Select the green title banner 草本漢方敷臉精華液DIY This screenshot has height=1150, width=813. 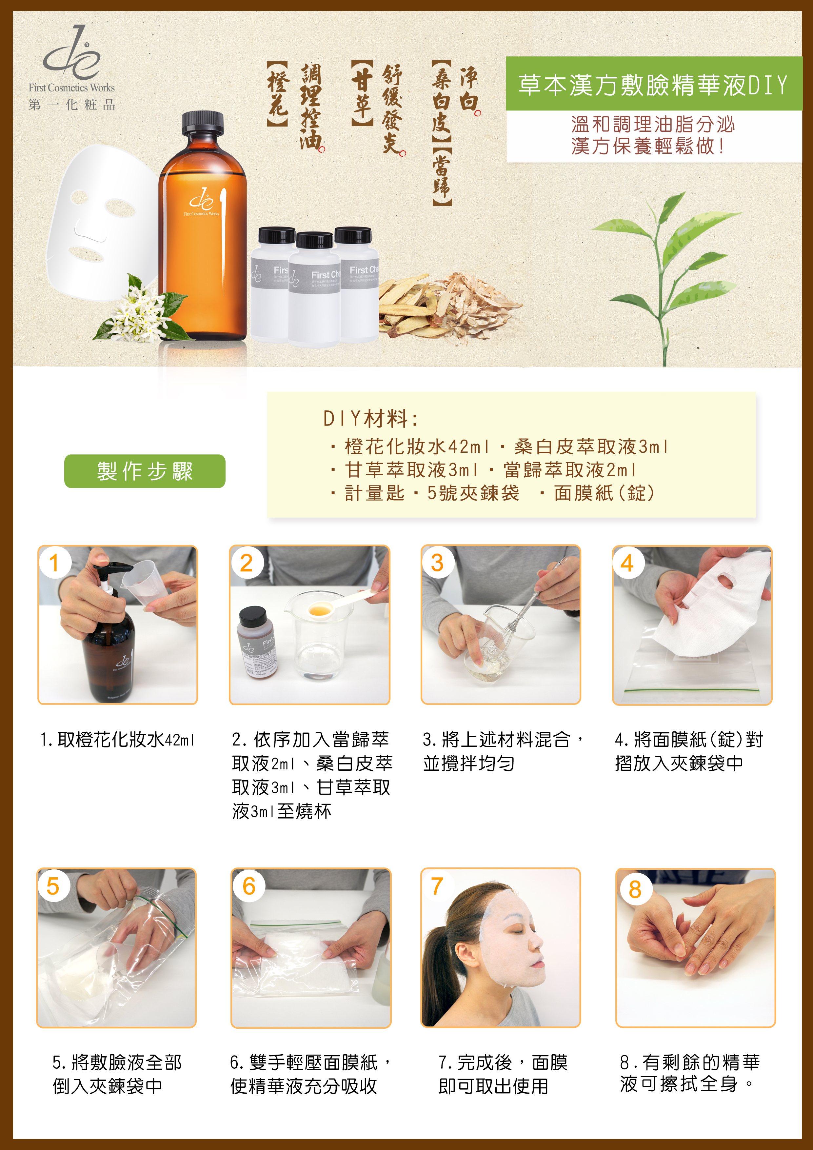653,84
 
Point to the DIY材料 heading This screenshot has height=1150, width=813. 371,419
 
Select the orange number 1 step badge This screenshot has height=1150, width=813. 54,563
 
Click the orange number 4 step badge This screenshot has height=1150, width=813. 627,563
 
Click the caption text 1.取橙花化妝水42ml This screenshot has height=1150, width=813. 117,740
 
